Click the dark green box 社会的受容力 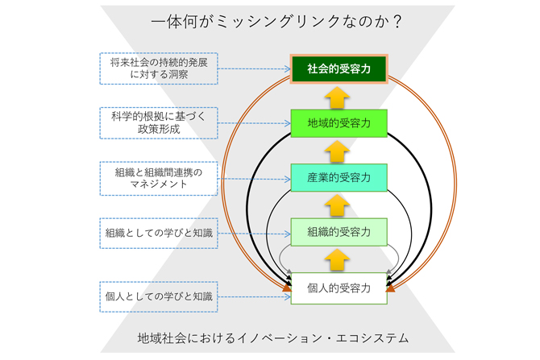339,68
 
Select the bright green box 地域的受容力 339,123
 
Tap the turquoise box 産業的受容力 339,178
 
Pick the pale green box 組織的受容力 339,232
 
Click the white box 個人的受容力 339,288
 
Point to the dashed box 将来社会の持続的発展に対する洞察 159,68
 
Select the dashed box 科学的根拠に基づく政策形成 159,123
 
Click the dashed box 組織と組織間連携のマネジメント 159,178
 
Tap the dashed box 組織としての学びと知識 159,233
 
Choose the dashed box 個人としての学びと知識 159,296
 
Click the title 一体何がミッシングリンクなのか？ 276,22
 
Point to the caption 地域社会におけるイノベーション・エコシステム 273,338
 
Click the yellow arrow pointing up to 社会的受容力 338,97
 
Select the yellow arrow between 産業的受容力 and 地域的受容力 338,151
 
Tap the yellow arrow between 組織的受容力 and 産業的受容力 338,206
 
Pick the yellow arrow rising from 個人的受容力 338,260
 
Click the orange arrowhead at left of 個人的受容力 287,288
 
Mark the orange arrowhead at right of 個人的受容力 391,288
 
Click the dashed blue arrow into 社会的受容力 255,68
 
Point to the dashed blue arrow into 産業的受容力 255,179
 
